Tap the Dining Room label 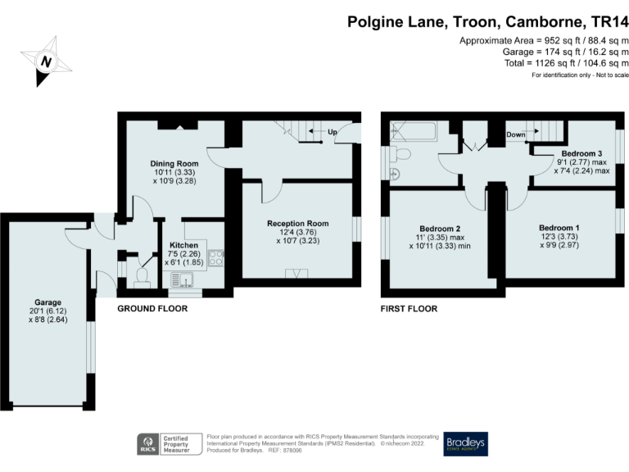coord(174,162)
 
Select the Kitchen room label coord(183,245)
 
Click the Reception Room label coord(298,223)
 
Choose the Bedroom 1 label coord(560,227)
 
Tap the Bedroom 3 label coord(582,153)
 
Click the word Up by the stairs coord(333,133)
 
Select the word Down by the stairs coord(516,134)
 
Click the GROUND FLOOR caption coord(152,309)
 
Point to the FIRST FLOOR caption coord(409,309)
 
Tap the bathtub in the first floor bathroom coord(414,133)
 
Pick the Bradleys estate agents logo coord(465,444)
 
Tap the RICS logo coord(147,445)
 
